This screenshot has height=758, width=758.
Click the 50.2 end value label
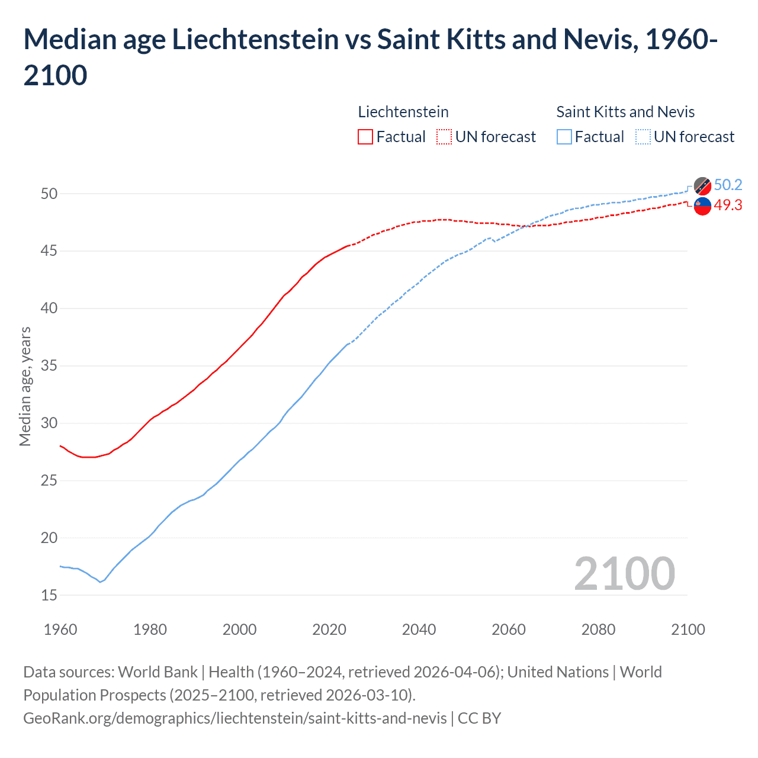728,185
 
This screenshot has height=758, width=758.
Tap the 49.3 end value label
728,205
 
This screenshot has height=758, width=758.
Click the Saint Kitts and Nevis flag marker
702,186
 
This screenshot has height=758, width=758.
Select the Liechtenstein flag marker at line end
702,206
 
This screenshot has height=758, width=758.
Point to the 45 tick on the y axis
49,251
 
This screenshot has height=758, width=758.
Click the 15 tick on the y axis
49,595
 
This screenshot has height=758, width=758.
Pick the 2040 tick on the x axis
419,629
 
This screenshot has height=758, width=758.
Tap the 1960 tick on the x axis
60,629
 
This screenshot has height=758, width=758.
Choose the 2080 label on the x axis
598,629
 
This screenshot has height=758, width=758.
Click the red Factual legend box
365,137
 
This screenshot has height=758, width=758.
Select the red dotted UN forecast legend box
444,137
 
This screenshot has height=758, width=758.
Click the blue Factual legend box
564,137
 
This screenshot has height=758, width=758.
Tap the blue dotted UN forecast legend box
643,137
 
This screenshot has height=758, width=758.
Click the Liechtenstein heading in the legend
403,112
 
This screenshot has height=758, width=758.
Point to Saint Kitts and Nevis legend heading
625,112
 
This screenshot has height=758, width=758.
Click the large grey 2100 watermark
624,573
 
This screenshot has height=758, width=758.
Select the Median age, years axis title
25,386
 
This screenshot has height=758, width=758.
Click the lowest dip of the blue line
100,582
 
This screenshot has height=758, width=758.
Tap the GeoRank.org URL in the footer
235,718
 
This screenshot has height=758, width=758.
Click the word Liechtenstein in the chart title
255,40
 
